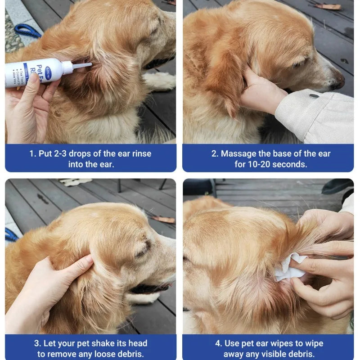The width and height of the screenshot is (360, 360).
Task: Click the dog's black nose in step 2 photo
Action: [x=338, y=83]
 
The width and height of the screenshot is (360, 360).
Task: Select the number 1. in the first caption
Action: [x=33, y=153]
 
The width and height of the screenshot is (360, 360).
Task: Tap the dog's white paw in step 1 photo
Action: [x=159, y=81]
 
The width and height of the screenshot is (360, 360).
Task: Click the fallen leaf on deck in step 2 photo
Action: [x=327, y=6]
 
